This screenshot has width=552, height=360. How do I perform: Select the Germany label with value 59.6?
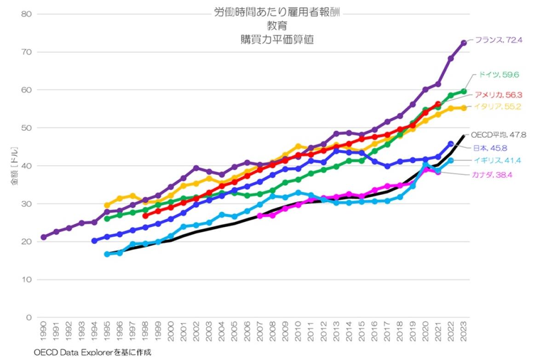(499, 75)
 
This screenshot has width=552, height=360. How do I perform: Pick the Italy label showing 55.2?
(499, 107)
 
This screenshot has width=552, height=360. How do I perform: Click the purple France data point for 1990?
(44, 237)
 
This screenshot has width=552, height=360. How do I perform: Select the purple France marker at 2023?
(464, 43)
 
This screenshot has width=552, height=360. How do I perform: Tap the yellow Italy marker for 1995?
(107, 205)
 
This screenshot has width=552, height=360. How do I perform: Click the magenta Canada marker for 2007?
(260, 215)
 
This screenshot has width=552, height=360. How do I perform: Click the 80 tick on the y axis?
(26, 14)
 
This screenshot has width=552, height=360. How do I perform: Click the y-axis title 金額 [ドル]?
(15, 166)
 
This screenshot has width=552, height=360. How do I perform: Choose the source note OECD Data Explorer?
(92, 353)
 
